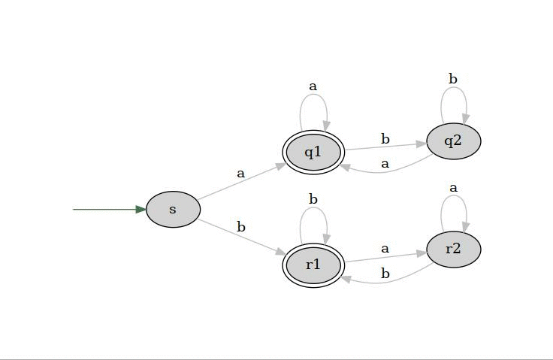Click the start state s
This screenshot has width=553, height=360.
click(173, 209)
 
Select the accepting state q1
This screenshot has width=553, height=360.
click(313, 153)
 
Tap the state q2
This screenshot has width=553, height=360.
click(453, 141)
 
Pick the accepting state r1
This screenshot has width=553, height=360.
click(313, 265)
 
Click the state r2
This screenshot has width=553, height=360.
click(453, 249)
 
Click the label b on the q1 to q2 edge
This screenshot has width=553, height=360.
click(385, 139)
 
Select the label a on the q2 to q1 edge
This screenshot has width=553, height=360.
click(385, 163)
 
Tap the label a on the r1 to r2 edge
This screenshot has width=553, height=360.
click(385, 248)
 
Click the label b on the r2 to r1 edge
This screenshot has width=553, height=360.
click(385, 274)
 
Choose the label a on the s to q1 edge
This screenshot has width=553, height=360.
click(240, 173)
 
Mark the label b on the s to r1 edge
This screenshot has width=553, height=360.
click(240, 226)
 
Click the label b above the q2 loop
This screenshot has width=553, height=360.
click(453, 79)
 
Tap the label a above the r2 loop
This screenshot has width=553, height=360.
click(453, 187)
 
